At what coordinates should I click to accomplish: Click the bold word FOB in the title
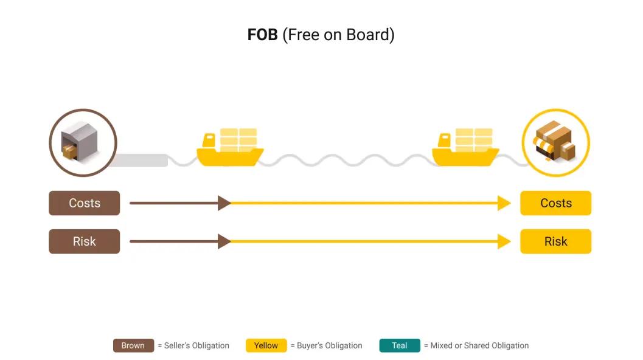point(262,35)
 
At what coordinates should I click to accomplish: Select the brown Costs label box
point(84,203)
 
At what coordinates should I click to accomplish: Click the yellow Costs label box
point(555,203)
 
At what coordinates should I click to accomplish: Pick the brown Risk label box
point(84,241)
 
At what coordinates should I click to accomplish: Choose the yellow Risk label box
point(555,241)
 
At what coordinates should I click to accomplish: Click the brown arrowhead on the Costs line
point(224,203)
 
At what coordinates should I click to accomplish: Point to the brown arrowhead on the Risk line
point(224,241)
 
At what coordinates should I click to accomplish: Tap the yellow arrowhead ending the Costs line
point(504,203)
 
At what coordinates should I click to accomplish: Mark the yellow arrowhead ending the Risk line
point(504,241)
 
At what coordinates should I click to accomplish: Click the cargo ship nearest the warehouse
point(230,149)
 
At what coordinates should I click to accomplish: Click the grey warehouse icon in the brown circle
point(82,142)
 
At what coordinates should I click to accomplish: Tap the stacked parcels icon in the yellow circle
point(555,142)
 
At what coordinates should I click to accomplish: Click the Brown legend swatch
point(133,345)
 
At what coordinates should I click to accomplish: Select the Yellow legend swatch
point(266,345)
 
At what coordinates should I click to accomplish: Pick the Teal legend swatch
point(399,345)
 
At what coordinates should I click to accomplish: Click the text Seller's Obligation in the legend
point(196,345)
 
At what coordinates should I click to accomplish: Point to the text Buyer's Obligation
point(329,345)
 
